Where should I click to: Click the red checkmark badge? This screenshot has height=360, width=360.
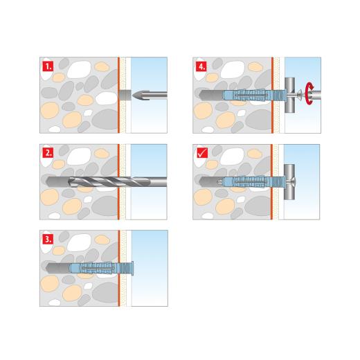[x=201, y=152]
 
